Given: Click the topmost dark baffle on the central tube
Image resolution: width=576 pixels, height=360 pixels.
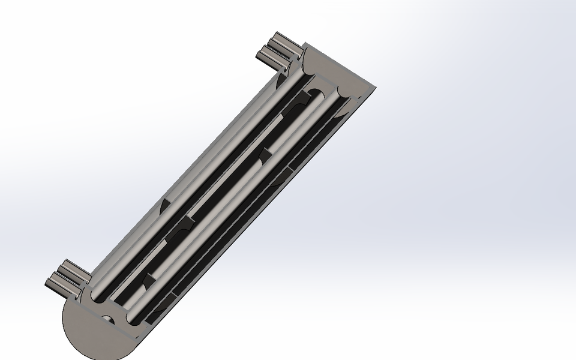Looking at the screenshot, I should [300, 99].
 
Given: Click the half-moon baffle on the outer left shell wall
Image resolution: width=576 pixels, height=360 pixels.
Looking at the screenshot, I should [164, 204].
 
